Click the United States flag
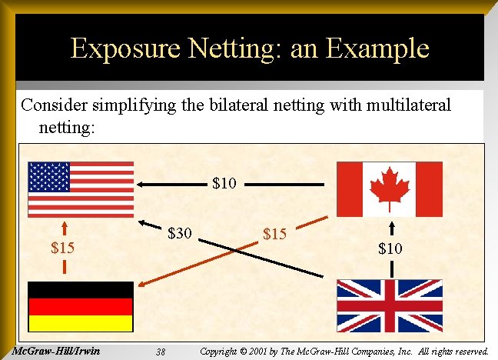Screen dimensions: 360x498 tap(81, 189)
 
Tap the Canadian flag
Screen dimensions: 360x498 tap(390, 189)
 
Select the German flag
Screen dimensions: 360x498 tap(81, 307)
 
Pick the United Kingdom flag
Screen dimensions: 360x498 tap(390, 305)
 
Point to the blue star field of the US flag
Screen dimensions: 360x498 tap(49, 177)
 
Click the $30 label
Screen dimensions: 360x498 tap(180, 232)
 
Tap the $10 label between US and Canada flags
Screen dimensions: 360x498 tap(224, 184)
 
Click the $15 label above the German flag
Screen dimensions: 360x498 tap(63, 248)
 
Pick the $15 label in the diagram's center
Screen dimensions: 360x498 tap(275, 233)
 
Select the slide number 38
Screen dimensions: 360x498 tap(161, 352)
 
